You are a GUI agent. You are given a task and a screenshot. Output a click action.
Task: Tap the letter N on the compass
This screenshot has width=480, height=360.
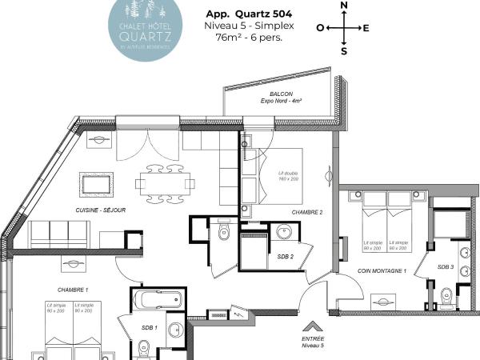[x=344, y=6]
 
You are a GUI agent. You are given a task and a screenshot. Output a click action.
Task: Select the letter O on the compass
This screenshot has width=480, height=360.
[x=320, y=28]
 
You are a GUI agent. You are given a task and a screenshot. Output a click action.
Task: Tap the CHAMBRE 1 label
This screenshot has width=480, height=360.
[x=72, y=289]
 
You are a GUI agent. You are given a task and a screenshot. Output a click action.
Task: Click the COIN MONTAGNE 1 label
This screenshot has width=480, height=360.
[x=382, y=271]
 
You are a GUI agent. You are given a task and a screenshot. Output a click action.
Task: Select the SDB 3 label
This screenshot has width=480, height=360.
[x=446, y=266]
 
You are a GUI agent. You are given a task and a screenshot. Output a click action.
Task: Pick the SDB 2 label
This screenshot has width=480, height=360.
[x=286, y=256]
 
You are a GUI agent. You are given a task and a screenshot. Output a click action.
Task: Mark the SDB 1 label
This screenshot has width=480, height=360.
[x=150, y=328]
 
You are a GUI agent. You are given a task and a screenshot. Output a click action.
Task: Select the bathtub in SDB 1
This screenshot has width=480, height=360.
[x=158, y=302]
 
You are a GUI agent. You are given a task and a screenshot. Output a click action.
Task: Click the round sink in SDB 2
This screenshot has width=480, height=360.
[x=283, y=233]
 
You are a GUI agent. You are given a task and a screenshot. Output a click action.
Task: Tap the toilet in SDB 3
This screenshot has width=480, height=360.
[x=450, y=298]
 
